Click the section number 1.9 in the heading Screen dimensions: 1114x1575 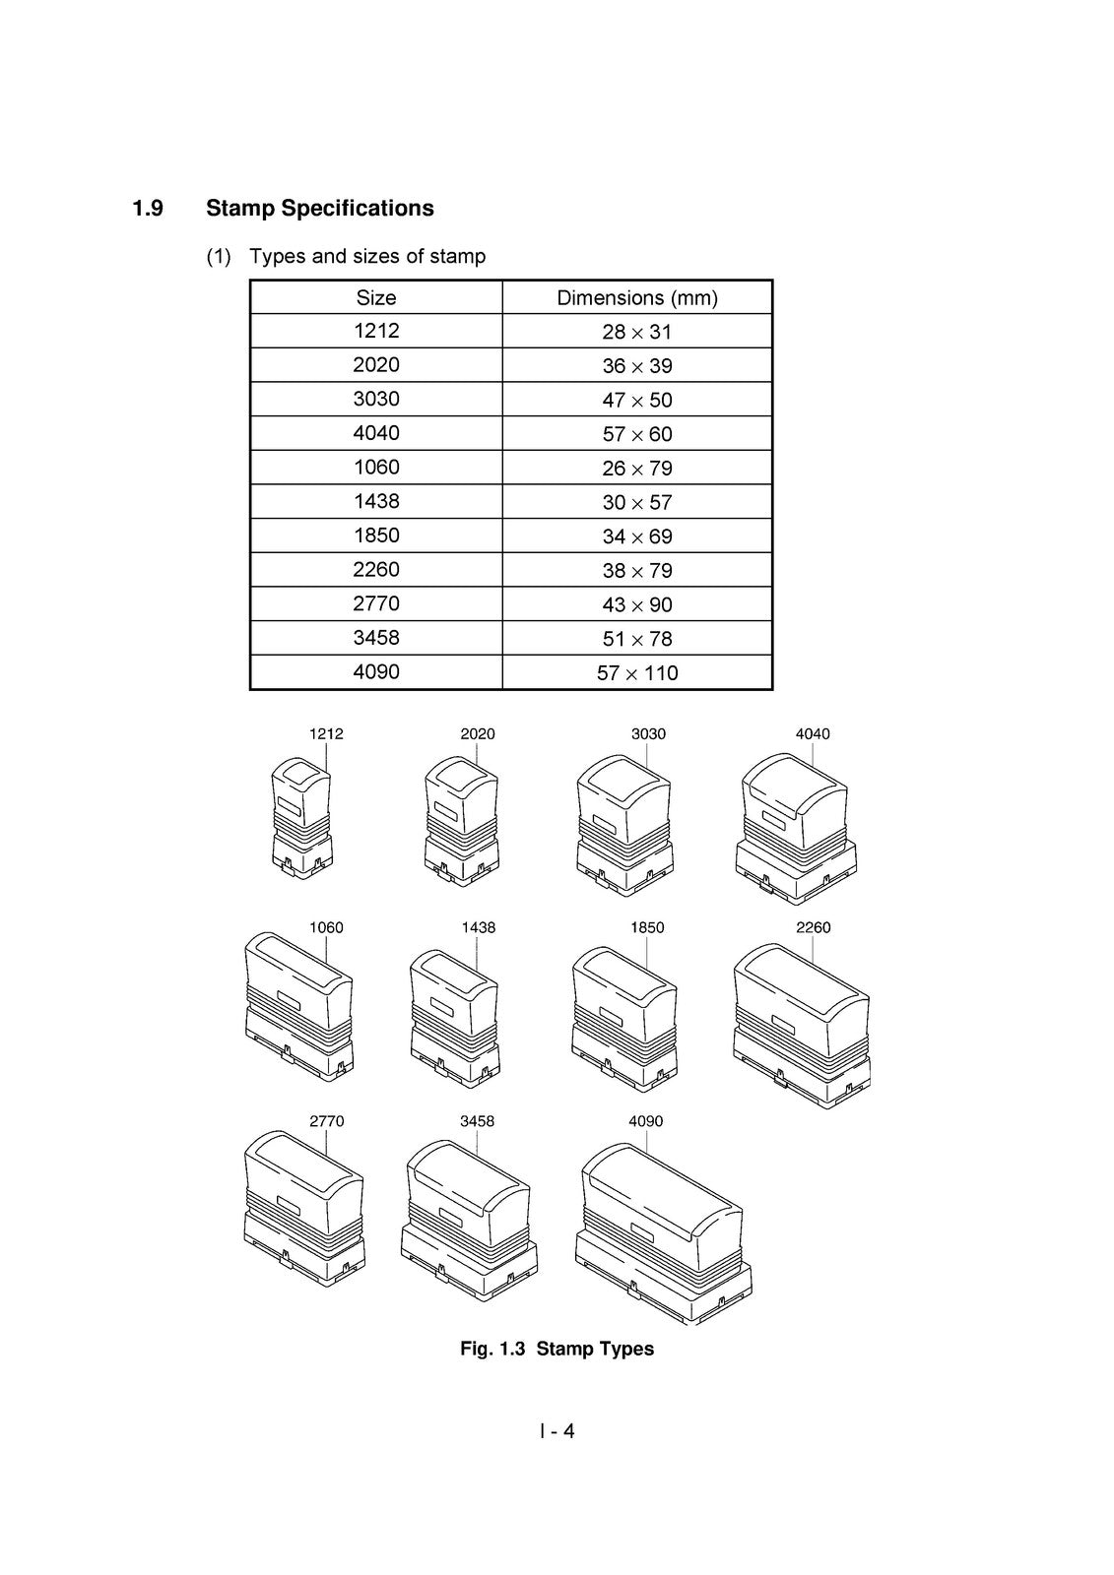[x=148, y=208]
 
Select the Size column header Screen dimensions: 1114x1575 [x=376, y=297]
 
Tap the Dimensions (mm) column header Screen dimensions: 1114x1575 [x=637, y=298]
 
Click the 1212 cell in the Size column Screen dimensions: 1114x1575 [x=376, y=331]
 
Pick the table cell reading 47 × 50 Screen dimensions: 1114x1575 [x=637, y=400]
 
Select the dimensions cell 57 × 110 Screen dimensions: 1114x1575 [x=637, y=673]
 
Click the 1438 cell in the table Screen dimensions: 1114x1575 [x=376, y=501]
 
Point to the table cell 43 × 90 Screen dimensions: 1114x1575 [x=637, y=604]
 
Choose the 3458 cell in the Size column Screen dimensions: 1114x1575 [x=376, y=638]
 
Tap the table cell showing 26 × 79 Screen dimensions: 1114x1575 [x=637, y=468]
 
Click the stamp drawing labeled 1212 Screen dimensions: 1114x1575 [x=302, y=818]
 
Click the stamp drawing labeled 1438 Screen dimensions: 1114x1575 [x=455, y=1019]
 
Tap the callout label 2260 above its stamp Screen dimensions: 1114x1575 [x=813, y=927]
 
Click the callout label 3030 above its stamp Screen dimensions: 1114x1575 [x=648, y=734]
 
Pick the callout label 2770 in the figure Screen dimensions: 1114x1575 [x=327, y=1121]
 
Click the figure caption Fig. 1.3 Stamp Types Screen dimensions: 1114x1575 [x=557, y=1349]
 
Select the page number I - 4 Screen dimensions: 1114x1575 [x=557, y=1431]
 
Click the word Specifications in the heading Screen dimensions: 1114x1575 [x=358, y=209]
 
